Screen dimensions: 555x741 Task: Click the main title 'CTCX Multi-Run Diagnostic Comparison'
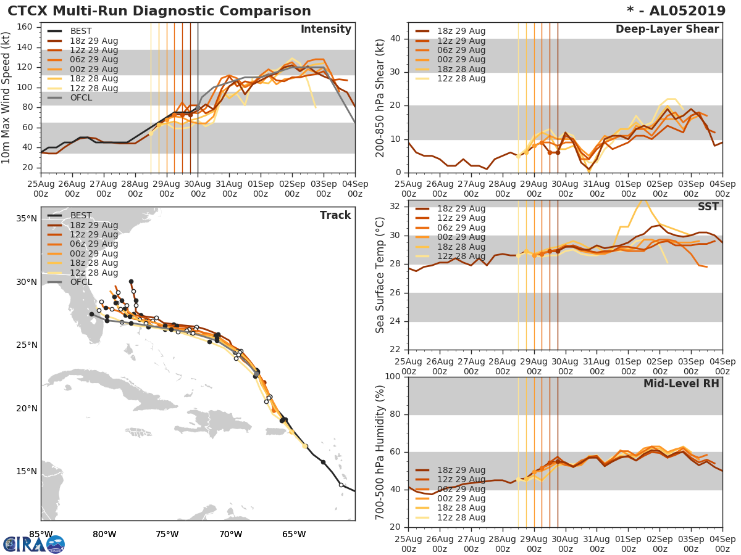coord(159,11)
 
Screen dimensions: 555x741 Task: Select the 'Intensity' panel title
coord(325,30)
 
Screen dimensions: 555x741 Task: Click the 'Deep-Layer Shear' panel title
coord(667,30)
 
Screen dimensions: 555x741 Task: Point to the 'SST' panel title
coord(709,207)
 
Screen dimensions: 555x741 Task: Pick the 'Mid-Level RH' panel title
coord(681,384)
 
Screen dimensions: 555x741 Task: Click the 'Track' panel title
coord(335,215)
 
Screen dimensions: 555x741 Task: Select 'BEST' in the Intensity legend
coord(81,31)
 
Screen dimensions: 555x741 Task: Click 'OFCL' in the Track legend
coord(81,282)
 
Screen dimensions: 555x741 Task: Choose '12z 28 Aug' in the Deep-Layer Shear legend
coord(461,79)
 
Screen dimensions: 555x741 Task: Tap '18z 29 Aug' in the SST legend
coord(461,208)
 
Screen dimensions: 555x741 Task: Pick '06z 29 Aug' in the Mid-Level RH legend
coord(461,489)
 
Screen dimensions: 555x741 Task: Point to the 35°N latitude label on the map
coord(26,218)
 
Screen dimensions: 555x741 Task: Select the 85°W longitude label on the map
coord(41,534)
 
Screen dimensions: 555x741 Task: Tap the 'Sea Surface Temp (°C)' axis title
coord(380,275)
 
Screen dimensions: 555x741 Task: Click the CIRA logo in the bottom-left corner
coord(34,544)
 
